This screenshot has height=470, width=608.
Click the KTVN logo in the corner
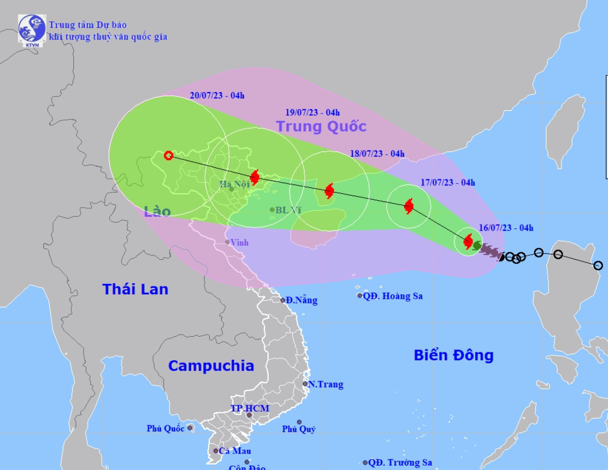coord(32,29)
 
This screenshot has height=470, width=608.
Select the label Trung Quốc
coord(321,126)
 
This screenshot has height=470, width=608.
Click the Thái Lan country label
coord(135,289)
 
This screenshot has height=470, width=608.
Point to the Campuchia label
coord(211,366)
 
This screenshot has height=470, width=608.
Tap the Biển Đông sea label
coord(453,355)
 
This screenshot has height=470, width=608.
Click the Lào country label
coord(157,211)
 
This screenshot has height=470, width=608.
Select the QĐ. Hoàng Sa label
coord(393,295)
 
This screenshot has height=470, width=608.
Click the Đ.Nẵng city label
coord(301,300)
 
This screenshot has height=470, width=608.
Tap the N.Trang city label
coord(325,384)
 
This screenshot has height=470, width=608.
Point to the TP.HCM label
coord(250,408)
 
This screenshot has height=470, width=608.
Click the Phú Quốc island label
coord(166,428)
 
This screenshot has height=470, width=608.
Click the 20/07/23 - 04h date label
coord(217,96)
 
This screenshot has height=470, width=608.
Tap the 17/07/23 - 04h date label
coord(448,182)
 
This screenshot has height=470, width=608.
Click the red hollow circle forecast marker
coord(169,156)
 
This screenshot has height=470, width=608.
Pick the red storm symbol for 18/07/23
coord(329,191)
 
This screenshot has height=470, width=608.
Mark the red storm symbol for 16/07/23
coord(468,241)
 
